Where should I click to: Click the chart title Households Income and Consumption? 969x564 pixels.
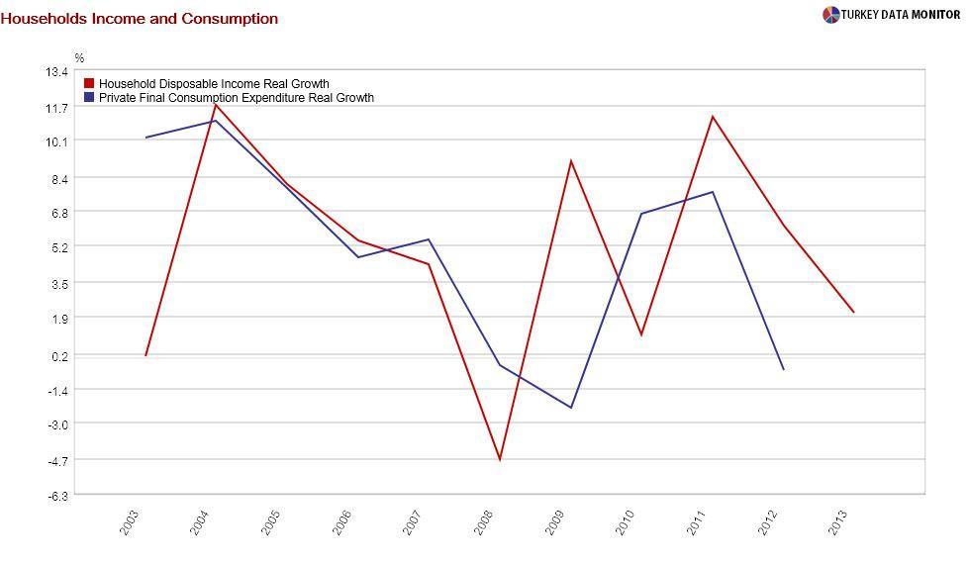click(139, 19)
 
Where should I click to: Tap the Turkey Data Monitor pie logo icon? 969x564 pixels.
click(830, 15)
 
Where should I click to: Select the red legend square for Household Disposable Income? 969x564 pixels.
click(89, 84)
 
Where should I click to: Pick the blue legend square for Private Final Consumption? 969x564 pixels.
click(89, 98)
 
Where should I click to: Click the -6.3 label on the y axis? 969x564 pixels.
click(56, 496)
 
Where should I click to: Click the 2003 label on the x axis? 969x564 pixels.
click(130, 522)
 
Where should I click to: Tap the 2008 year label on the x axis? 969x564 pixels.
click(484, 522)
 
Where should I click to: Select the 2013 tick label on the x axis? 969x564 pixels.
click(838, 522)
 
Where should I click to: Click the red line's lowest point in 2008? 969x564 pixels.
click(500, 460)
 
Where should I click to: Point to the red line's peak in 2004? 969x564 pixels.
click(216, 104)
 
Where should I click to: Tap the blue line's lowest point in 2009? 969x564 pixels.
click(571, 408)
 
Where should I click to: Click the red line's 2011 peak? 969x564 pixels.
click(713, 116)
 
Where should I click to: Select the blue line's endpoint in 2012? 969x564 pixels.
click(784, 370)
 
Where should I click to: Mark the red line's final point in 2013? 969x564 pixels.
click(854, 313)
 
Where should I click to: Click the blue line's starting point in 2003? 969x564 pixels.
click(145, 138)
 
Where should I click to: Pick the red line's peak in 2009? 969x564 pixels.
click(571, 160)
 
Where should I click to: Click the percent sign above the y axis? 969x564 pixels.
click(80, 58)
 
